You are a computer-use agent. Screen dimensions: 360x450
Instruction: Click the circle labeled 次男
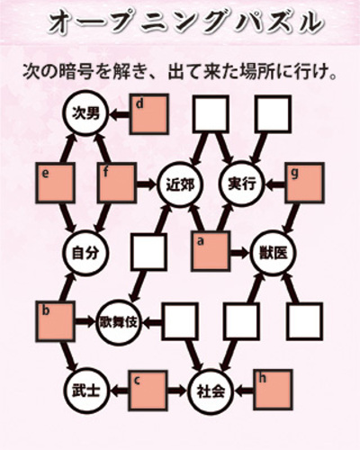pyautogui.click(x=85, y=113)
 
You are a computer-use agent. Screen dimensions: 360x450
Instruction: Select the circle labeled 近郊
pyautogui.click(x=180, y=184)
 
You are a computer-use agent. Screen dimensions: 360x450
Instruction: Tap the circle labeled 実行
pyautogui.click(x=242, y=184)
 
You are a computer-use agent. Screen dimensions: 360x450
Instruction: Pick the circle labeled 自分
pyautogui.click(x=85, y=253)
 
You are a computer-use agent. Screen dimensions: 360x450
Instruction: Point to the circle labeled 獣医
pyautogui.click(x=273, y=253)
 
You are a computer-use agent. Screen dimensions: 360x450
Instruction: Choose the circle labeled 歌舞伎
pyautogui.click(x=119, y=322)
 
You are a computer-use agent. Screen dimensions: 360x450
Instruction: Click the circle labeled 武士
pyautogui.click(x=85, y=391)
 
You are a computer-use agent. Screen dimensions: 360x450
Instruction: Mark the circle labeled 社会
pyautogui.click(x=211, y=391)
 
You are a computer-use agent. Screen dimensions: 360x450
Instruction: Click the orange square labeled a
pyautogui.click(x=211, y=251)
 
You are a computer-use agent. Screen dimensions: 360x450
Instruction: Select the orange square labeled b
pyautogui.click(x=55, y=322)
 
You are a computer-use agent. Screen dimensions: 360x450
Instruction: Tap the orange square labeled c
pyautogui.click(x=148, y=391)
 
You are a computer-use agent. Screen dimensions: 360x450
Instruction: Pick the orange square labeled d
pyautogui.click(x=149, y=114)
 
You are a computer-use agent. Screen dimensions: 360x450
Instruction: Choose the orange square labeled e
pyautogui.click(x=55, y=184)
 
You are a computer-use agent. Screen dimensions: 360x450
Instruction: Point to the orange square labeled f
pyautogui.click(x=117, y=183)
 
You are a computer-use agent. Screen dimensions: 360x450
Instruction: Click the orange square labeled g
pyautogui.click(x=305, y=183)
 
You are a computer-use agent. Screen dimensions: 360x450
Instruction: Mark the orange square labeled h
pyautogui.click(x=273, y=390)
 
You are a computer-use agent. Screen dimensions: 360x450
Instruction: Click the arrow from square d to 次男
pyautogui.click(x=120, y=114)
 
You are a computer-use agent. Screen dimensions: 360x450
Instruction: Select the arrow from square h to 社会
pyautogui.click(x=244, y=391)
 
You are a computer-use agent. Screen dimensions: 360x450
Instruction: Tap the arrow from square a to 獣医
pyautogui.click(x=240, y=253)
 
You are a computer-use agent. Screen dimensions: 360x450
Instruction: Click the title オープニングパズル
pyautogui.click(x=186, y=22)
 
